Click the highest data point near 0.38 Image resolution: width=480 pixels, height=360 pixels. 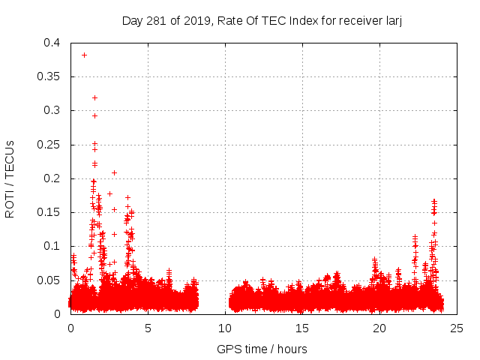(84, 55)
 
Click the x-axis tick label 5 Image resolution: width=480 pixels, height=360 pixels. (148, 328)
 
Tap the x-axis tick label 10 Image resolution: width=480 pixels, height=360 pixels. (225, 328)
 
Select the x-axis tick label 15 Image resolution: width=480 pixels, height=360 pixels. (302, 328)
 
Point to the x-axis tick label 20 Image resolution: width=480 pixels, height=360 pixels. (379, 328)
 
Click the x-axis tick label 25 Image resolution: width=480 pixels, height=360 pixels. (457, 328)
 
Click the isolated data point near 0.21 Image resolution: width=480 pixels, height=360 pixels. (114, 172)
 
